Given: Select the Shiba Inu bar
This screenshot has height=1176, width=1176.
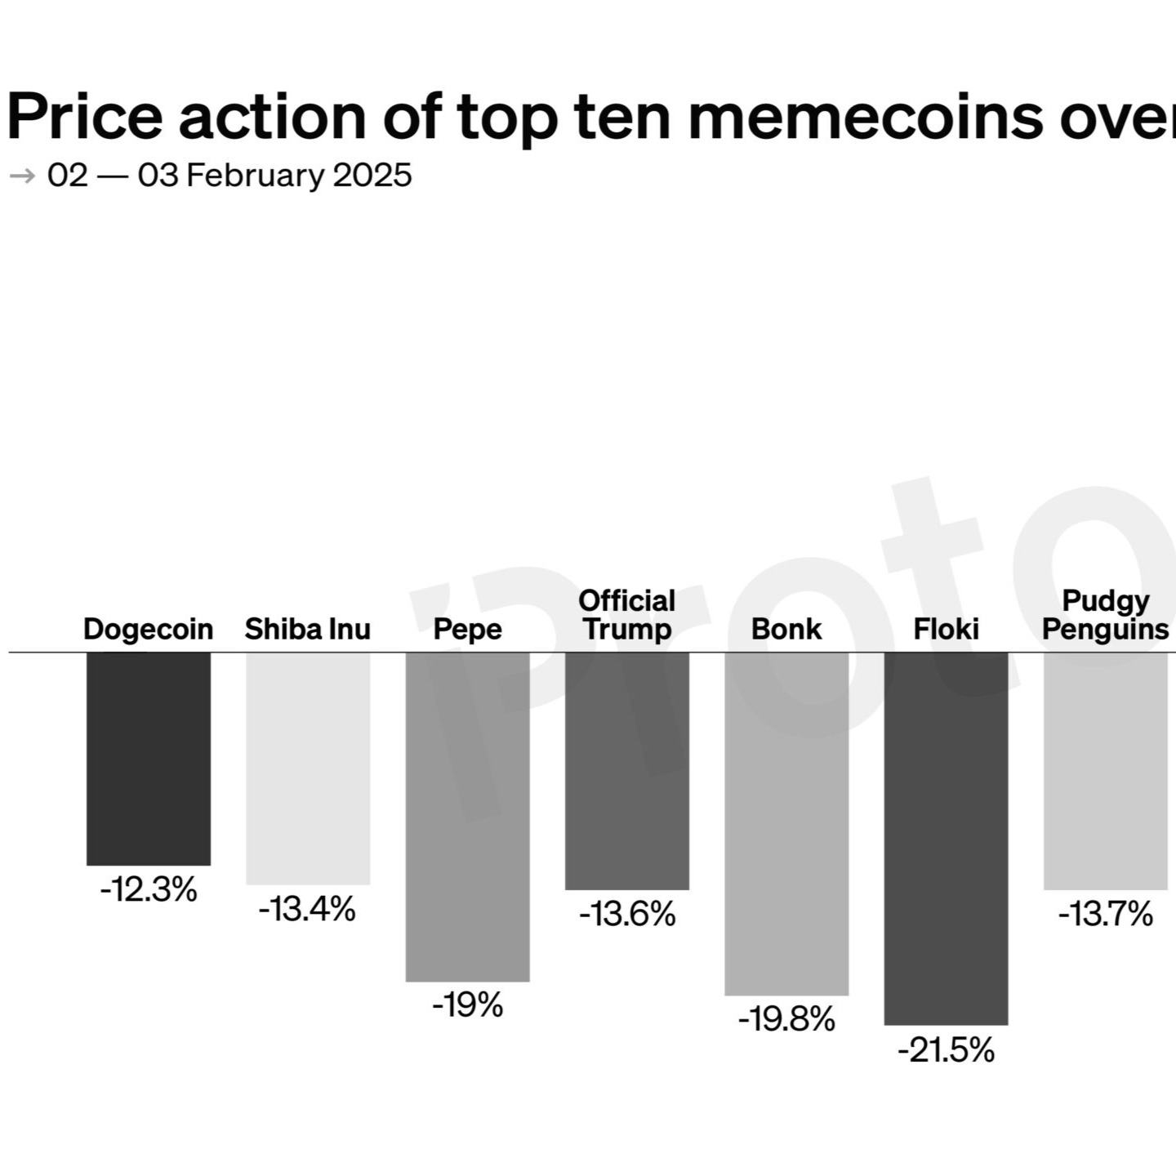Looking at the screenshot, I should [308, 768].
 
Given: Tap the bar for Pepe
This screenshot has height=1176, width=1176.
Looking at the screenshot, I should [468, 817].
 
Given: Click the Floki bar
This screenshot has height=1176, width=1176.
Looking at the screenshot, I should [946, 838].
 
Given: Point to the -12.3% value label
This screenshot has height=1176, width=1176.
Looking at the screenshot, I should [149, 889].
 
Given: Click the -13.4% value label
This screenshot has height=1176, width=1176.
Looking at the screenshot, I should [308, 909].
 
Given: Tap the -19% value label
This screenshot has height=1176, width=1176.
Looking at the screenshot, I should [468, 1005].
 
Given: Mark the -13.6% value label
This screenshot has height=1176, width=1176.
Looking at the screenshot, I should [627, 914].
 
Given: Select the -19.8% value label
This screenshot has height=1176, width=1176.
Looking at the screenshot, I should [786, 1019].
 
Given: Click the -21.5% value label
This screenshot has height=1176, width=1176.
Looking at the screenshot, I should [946, 1050].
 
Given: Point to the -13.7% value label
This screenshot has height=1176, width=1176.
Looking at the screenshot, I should [1106, 914].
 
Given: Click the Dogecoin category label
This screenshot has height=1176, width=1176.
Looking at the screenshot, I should [149, 630].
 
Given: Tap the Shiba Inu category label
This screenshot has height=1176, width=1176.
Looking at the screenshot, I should [308, 630].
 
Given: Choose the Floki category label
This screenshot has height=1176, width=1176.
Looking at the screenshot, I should [946, 630].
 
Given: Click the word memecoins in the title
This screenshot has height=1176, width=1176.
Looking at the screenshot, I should [866, 117].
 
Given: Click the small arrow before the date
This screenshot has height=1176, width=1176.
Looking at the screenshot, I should [23, 176].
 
